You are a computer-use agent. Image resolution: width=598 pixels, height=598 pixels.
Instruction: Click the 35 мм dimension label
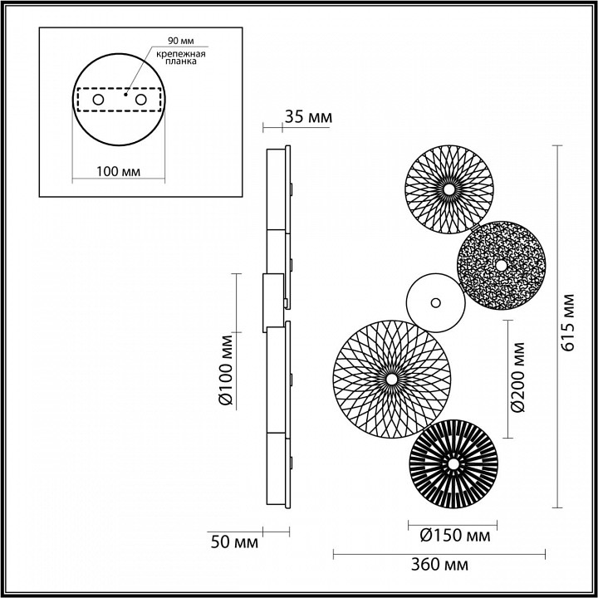(307, 118)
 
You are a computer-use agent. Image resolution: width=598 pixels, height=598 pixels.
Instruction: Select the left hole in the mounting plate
(98, 100)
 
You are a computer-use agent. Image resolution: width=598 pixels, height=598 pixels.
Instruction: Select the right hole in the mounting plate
(140, 100)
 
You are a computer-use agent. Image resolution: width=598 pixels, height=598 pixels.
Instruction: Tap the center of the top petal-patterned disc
(448, 189)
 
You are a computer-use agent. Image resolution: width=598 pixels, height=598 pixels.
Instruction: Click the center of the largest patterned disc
(390, 380)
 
